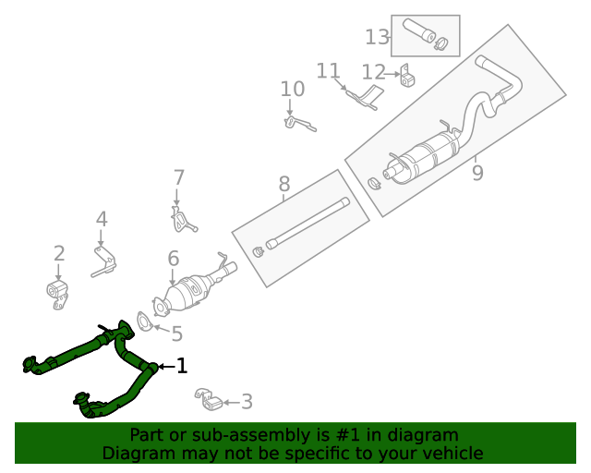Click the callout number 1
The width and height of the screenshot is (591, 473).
tap(182, 367)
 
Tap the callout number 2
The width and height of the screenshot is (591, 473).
tap(59, 253)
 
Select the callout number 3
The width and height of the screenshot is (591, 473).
tap(246, 402)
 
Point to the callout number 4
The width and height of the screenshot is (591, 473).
tap(102, 220)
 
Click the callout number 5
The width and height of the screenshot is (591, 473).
tap(176, 334)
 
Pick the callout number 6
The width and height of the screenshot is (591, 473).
tap(173, 260)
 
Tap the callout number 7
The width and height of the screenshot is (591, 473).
tap(179, 177)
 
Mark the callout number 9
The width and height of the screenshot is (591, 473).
tap(477, 173)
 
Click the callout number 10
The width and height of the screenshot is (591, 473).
tap(292, 90)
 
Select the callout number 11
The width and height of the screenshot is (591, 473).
tap(329, 70)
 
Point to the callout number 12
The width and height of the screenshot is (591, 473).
tap(373, 72)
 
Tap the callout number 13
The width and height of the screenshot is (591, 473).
tap(377, 37)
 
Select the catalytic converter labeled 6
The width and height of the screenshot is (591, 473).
tap(189, 294)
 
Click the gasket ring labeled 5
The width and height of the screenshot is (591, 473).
tap(146, 321)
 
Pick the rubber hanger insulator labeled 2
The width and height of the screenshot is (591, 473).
tap(59, 292)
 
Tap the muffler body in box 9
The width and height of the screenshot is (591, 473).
tap(426, 158)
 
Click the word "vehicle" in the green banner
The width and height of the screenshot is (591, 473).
tap(450, 454)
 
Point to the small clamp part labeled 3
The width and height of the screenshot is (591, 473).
tap(210, 401)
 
